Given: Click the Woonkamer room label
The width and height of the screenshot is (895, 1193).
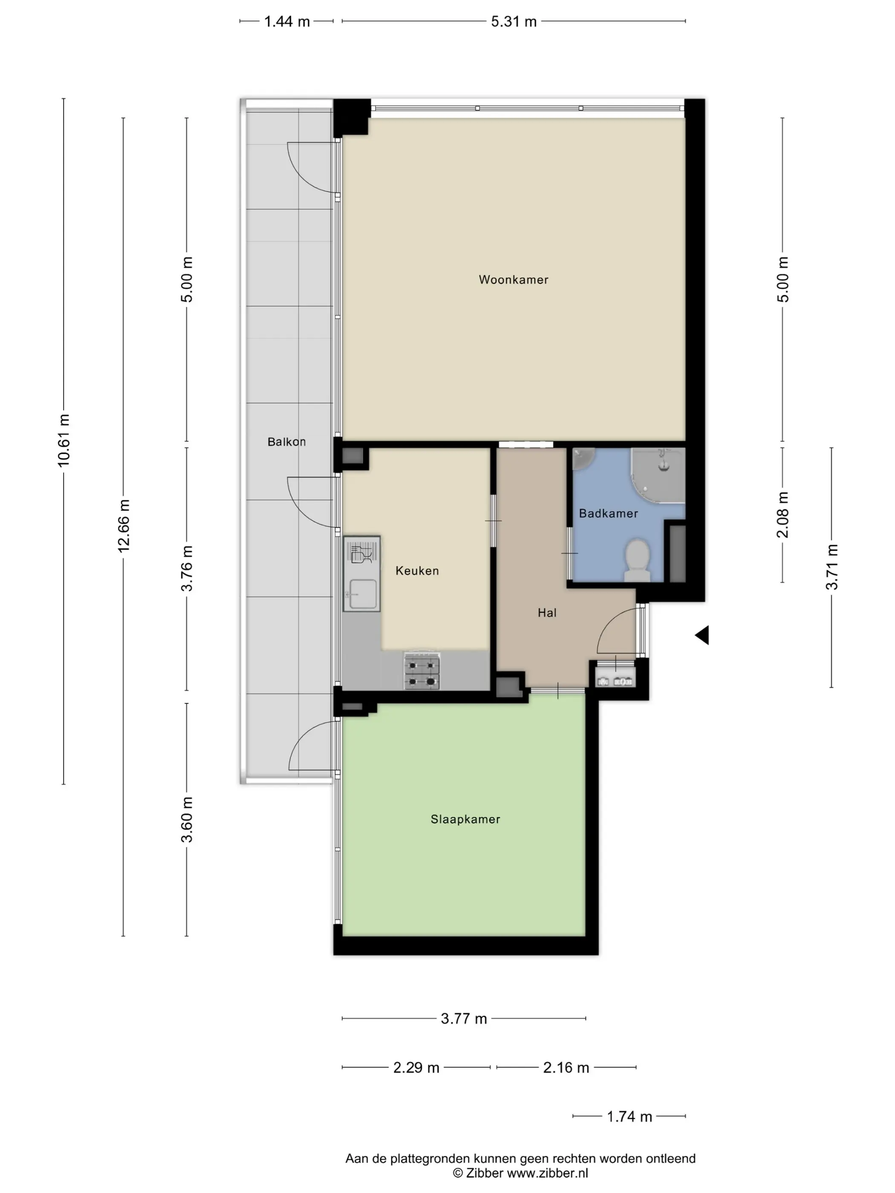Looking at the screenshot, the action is (x=513, y=280).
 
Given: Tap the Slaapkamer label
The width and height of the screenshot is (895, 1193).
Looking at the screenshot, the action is (x=465, y=819).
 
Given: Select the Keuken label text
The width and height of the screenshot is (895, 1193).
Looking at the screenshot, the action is (x=417, y=571).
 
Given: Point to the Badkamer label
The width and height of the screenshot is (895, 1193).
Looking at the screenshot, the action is (x=608, y=513).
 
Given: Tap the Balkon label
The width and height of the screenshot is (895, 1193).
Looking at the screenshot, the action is (x=286, y=442).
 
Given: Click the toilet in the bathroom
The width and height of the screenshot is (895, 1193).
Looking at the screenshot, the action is (x=637, y=560).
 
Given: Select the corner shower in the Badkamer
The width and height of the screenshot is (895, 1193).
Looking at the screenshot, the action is (x=658, y=475).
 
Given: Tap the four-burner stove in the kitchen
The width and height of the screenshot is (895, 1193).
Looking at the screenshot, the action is (x=422, y=671).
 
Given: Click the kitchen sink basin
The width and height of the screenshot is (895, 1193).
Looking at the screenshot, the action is (x=363, y=594).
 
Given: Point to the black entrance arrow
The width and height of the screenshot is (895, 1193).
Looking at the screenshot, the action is (x=702, y=635).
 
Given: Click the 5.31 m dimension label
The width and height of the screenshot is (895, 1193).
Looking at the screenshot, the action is (x=514, y=22).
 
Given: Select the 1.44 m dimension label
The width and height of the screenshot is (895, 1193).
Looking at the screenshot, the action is (x=286, y=22).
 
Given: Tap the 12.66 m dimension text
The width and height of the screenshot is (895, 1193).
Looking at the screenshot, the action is (x=124, y=525).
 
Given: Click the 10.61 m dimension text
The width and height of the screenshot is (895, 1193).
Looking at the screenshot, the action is (x=64, y=440).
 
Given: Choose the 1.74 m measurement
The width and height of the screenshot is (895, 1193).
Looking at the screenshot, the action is (x=629, y=1116).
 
